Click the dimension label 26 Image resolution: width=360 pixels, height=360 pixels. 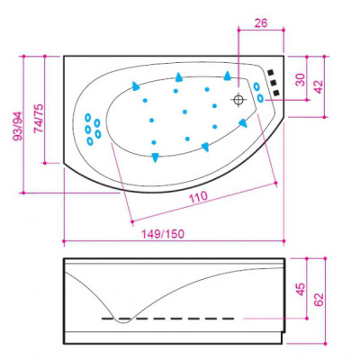tap(261, 23)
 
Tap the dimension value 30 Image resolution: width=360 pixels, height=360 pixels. tap(300, 80)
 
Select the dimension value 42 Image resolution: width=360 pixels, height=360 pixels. tap(318, 86)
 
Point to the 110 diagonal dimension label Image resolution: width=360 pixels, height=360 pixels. tap(198, 197)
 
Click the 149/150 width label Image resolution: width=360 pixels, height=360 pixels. tap(163, 234)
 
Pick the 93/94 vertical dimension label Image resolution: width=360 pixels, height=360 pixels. tap(17, 126)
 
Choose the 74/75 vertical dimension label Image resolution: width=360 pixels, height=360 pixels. tap(39, 119)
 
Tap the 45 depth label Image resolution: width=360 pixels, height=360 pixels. tap(300, 289)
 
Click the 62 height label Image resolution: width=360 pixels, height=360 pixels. tap(319, 299)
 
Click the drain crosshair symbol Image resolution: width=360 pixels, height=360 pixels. tap(238, 100)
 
